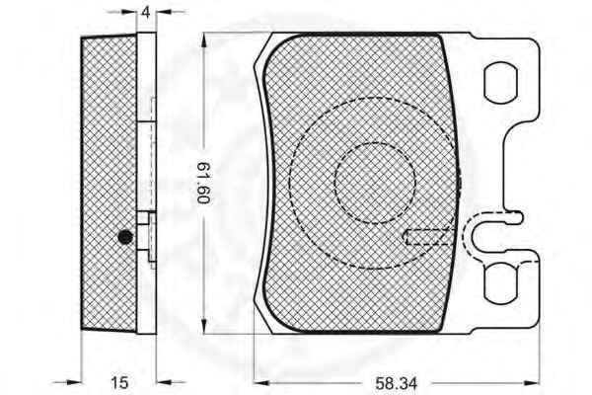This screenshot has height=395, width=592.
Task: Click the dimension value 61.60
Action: (x=204, y=183)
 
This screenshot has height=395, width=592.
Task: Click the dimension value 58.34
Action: (x=396, y=383)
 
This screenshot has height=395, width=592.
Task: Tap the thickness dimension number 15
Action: (x=119, y=382)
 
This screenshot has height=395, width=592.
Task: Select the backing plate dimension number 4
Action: (x=146, y=12)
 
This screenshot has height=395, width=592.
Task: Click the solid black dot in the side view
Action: (x=125, y=237)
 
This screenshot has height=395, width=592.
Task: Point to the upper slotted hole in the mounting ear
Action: (x=500, y=83)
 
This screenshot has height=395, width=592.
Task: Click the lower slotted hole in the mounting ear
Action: (x=500, y=283)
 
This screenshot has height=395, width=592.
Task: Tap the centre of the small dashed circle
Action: (x=375, y=183)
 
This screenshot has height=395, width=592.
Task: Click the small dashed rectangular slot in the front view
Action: (x=429, y=237)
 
